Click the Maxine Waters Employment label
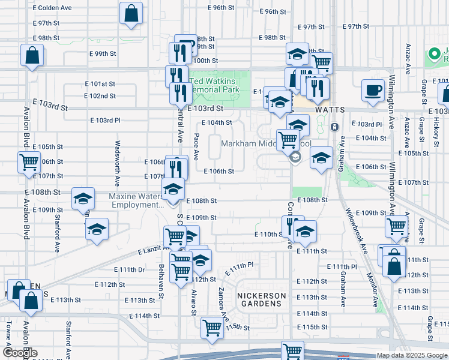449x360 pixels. coord(135,200)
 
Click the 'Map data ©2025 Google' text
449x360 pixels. coord(412,355)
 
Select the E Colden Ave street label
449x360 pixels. coord(53,8)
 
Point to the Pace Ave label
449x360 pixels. coord(196,147)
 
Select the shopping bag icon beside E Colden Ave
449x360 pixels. coord(131,14)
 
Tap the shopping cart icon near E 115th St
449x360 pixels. coord(212,328)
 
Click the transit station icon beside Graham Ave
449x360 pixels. coord(334,127)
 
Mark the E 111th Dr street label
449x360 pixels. coord(133,270)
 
